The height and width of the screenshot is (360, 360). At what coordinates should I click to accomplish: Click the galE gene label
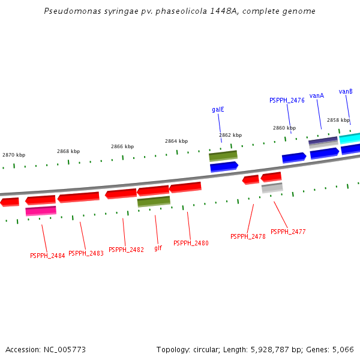(218, 110)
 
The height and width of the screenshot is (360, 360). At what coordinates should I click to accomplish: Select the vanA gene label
(317, 95)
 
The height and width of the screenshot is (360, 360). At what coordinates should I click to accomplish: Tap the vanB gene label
(346, 91)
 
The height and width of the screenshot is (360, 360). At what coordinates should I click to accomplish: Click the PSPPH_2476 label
(287, 100)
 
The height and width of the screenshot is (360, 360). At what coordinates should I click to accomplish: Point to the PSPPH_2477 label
(288, 232)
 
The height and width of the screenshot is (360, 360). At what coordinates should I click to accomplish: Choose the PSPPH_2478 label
(248, 237)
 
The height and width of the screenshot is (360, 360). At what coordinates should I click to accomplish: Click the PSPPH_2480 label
(191, 244)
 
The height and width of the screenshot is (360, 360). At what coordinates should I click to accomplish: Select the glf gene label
(158, 248)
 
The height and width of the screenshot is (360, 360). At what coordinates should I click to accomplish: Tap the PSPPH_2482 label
(126, 250)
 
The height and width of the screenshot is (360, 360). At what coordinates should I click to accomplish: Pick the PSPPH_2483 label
(86, 254)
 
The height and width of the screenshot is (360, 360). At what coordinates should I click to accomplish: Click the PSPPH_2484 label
(47, 256)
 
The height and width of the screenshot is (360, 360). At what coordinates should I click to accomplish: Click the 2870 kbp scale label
(14, 155)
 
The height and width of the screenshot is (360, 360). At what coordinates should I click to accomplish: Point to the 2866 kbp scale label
(122, 146)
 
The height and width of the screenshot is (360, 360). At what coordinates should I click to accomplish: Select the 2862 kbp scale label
(230, 135)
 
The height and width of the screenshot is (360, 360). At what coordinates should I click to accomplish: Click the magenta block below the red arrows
(41, 211)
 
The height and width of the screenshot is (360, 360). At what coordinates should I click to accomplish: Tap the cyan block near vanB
(350, 139)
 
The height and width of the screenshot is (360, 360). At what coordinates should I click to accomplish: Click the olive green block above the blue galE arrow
(223, 155)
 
